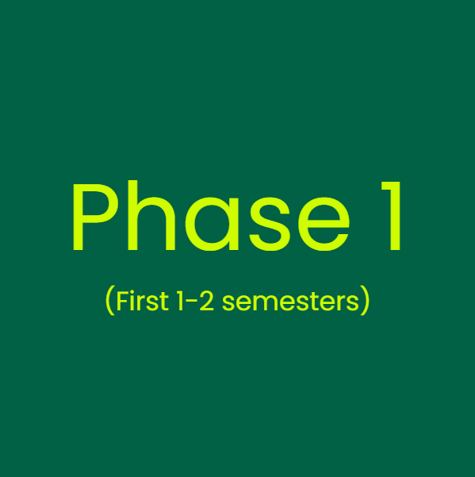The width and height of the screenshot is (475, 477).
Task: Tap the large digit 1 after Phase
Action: (390, 217)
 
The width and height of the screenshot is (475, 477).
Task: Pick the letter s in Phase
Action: (266, 226)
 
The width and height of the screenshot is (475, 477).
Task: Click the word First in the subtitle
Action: (142, 302)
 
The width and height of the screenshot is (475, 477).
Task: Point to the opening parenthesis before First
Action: (109, 302)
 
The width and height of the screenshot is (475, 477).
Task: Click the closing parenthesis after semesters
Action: (365, 302)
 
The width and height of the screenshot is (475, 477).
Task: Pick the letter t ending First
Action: (163, 302)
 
